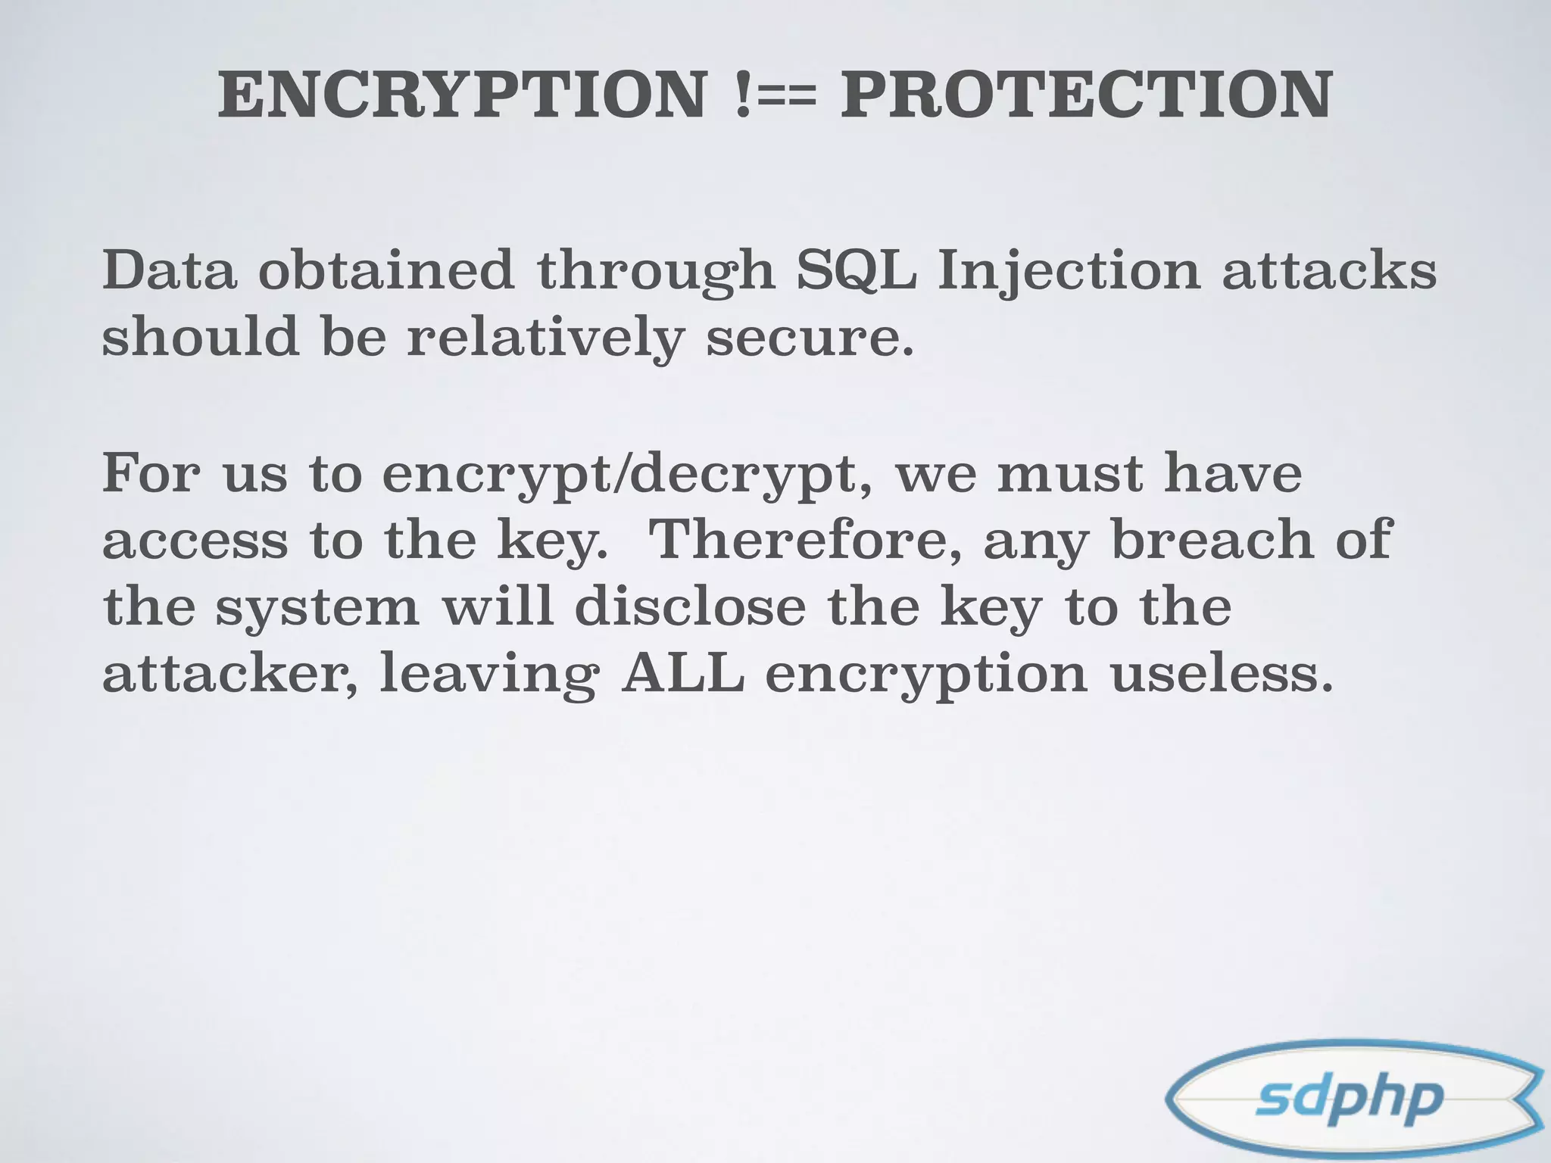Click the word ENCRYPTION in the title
point(461,95)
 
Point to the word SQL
point(856,271)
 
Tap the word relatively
point(545,338)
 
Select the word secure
point(810,338)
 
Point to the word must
point(1070,472)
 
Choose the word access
point(195,541)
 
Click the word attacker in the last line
point(230,674)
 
